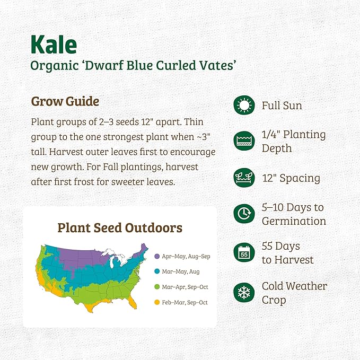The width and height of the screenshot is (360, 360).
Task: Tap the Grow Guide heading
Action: [65, 101]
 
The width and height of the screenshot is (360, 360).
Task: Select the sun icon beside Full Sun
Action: [244, 106]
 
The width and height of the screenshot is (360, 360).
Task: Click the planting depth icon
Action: [244, 141]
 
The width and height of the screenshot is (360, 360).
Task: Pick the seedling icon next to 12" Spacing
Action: [244, 178]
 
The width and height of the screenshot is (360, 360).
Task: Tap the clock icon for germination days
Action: [244, 214]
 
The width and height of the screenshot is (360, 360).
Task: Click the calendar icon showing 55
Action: [244, 253]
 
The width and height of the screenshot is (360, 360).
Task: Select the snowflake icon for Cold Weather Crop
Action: [244, 293]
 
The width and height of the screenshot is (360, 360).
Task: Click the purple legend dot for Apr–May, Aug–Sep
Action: [157, 257]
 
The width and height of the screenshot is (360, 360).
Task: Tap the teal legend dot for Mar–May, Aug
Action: [157, 272]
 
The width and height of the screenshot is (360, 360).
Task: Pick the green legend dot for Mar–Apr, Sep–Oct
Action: [157, 287]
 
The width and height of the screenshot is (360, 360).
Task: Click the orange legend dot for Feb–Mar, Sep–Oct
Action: [157, 303]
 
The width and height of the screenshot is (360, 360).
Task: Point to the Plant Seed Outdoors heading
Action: [120, 228]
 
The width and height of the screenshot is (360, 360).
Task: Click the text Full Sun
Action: [282, 106]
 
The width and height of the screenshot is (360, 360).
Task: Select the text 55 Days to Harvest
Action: [287, 253]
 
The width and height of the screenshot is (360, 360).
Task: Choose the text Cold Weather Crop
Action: [294, 293]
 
